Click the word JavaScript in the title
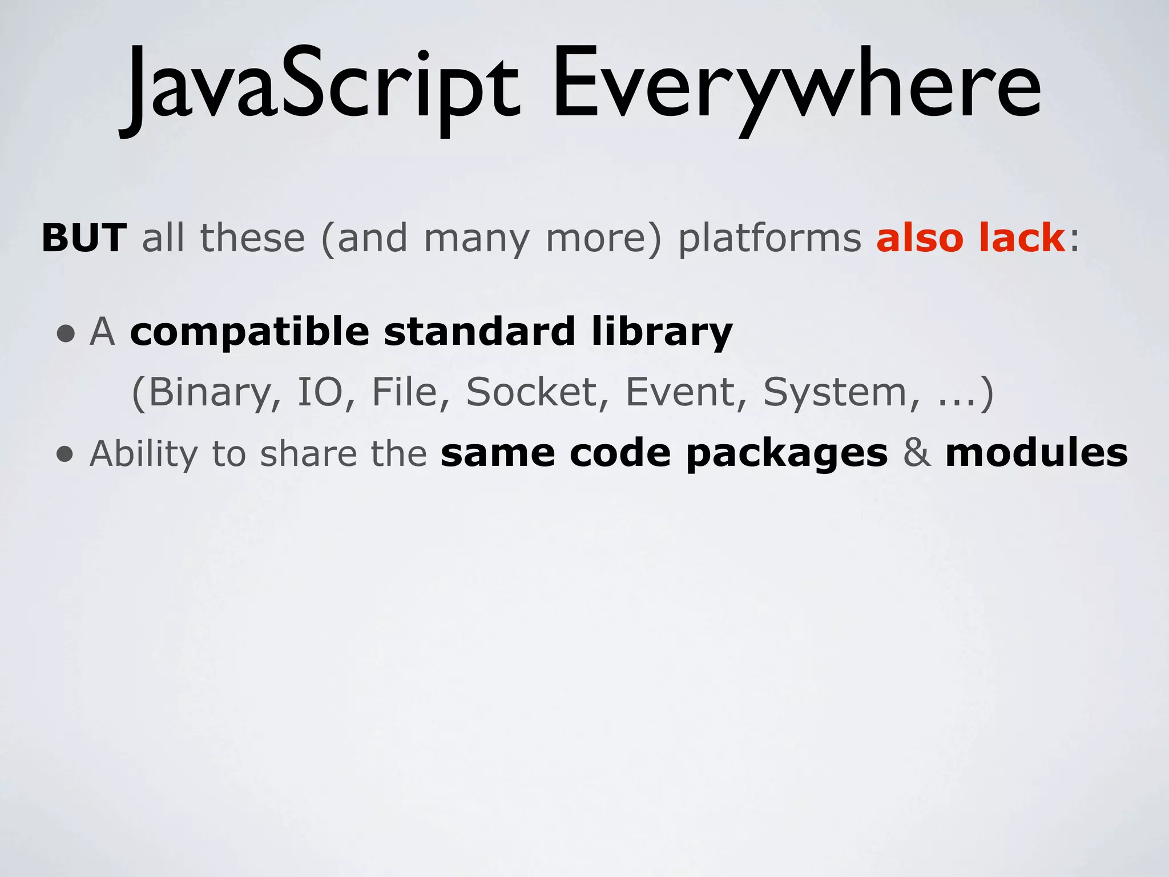coord(320,86)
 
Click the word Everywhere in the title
coord(796,86)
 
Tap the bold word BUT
coord(84,238)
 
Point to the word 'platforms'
coord(769,239)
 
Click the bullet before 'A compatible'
coord(66,333)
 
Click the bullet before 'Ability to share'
coord(66,454)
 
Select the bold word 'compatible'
coord(249,333)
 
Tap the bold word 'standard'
coord(479,332)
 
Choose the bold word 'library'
coord(662,333)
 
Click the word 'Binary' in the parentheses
coord(208,393)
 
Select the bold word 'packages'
coord(787,454)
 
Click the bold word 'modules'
coord(1036,453)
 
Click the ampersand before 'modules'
coord(916,453)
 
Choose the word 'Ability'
coord(143,454)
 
